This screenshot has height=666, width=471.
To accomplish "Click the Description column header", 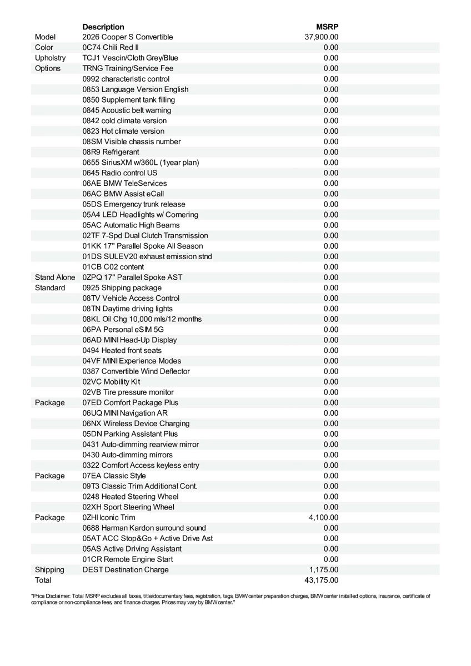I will coord(103,27).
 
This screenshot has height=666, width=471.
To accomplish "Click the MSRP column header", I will coord(327,27).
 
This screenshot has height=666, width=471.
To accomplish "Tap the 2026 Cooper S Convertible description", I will coord(128,37).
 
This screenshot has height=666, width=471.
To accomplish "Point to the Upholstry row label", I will coord(50,58).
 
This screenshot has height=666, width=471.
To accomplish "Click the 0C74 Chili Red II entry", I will coord(111,47).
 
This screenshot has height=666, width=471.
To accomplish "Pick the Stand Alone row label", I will coord(55,277).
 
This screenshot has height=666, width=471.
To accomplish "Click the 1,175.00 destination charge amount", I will coord(323,569).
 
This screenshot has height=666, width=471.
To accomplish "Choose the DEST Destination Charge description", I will coord(126,569).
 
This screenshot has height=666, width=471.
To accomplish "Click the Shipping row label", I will coord(49,569).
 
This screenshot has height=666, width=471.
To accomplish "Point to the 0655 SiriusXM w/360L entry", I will coord(141,163).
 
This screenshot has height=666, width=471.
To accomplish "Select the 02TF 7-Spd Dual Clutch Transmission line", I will coord(146,235).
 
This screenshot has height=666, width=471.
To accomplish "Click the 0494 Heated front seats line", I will coord(122,350).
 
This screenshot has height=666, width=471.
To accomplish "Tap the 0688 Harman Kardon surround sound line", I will coord(144,528).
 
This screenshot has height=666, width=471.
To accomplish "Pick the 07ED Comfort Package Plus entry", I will coord(131,402).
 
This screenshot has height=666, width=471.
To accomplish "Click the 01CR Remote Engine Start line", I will coord(128,559).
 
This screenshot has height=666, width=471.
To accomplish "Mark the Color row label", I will coord(44,47).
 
